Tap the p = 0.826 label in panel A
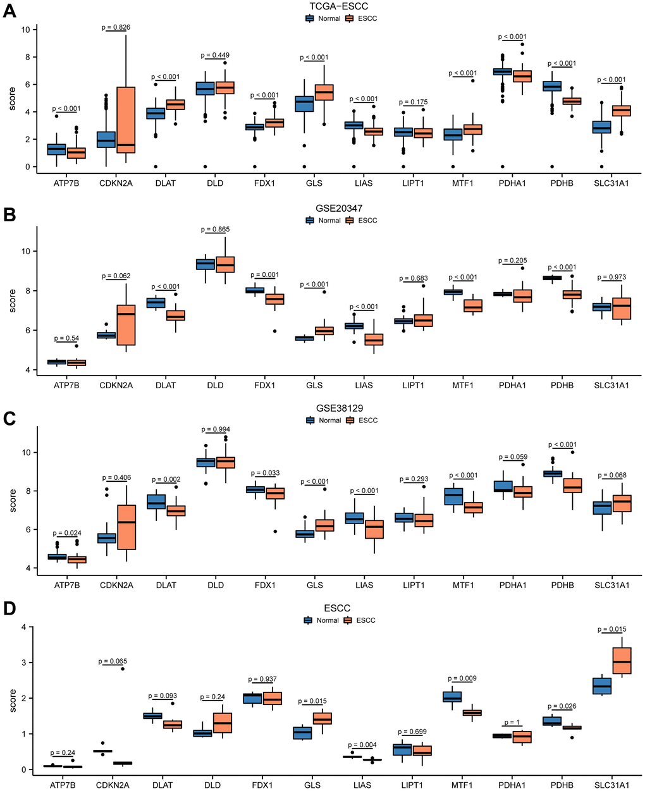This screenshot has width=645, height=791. coord(116,27)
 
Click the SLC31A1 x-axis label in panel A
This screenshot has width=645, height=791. coord(610,183)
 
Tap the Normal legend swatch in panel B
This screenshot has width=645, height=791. coord(310,221)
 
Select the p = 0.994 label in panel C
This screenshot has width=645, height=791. coord(216,429)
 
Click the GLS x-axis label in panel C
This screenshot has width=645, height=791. coord(314,586)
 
